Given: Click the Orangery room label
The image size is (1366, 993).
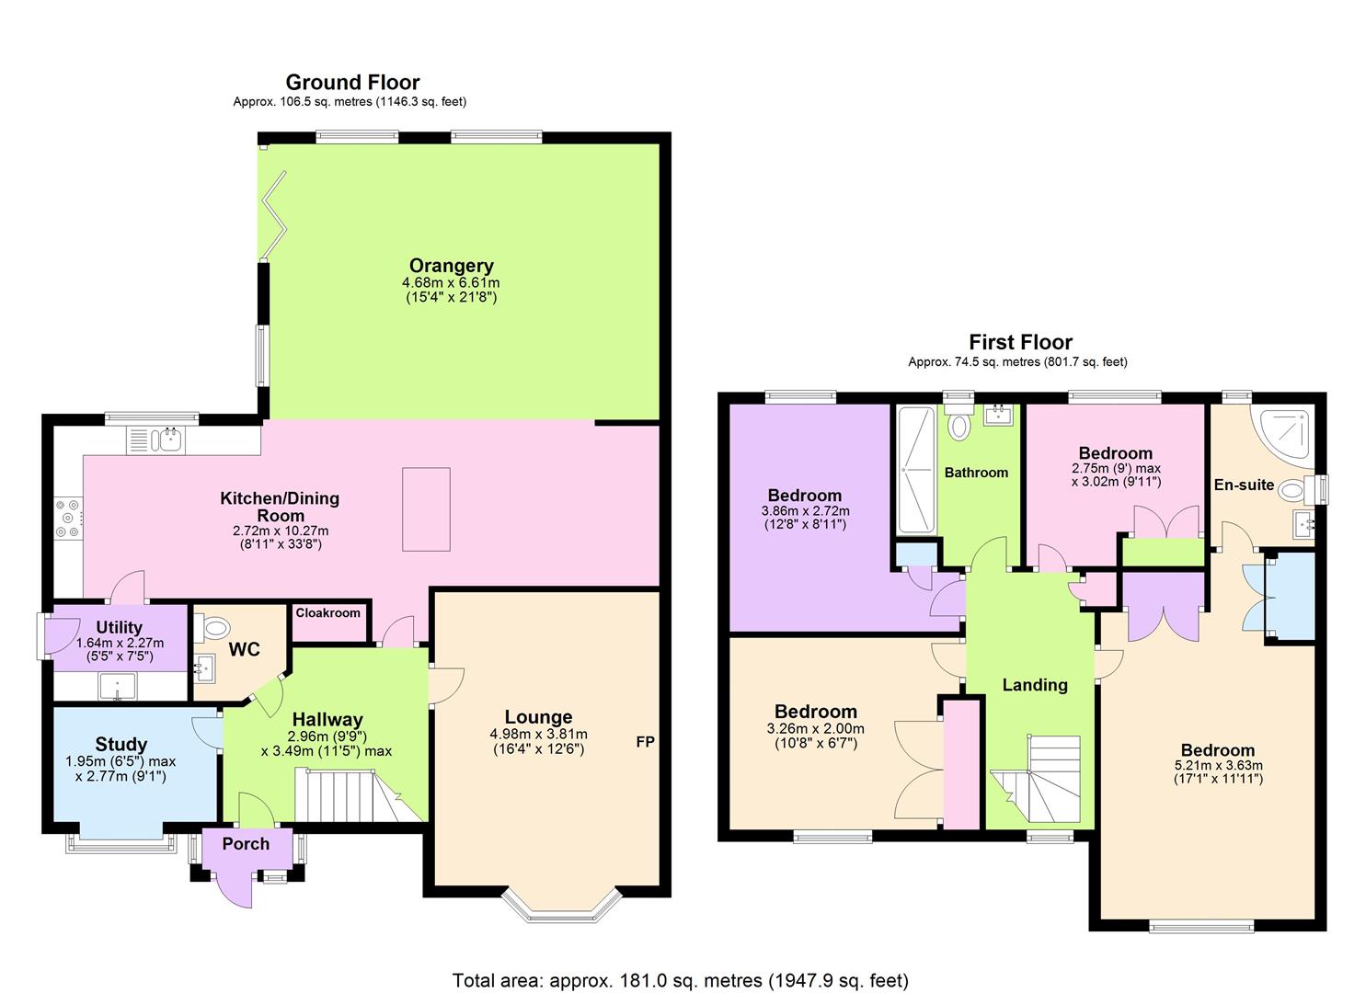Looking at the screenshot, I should coord(451,267).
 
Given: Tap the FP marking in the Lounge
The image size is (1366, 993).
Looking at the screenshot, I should coord(645,742).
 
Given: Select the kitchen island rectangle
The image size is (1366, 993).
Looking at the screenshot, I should coord(426,508).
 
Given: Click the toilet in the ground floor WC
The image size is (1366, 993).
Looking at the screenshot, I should coord(213,629).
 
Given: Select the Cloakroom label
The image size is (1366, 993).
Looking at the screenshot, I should coord(328,613).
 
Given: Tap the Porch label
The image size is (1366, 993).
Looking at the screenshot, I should coord(247,844).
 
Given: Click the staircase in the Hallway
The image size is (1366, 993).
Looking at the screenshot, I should coord(345,796).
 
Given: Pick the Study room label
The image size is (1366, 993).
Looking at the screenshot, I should coord(121,745).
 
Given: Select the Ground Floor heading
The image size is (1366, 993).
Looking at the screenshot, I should coord(352,83).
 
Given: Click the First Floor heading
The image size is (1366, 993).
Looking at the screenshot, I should coord(1020,342).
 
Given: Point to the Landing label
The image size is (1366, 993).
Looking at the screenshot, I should coord(1035,685).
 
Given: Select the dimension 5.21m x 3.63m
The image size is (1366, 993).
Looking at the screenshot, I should coord(1218,765).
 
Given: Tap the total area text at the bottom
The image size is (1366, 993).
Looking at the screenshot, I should coord(680,980).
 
